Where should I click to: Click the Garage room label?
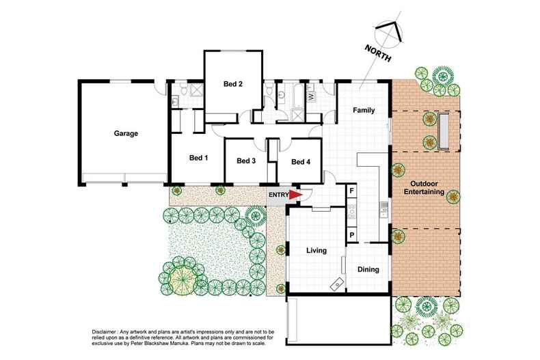126,133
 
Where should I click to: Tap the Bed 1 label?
198,158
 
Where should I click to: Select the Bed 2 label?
233,84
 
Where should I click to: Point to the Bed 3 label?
245,161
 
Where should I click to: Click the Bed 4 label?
301,162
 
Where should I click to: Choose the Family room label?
362,110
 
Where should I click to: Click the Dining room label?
368,270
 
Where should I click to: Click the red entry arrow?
295,195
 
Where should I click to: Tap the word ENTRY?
278,195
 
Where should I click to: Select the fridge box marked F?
352,190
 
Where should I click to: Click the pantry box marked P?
352,235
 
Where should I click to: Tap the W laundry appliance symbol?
311,97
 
